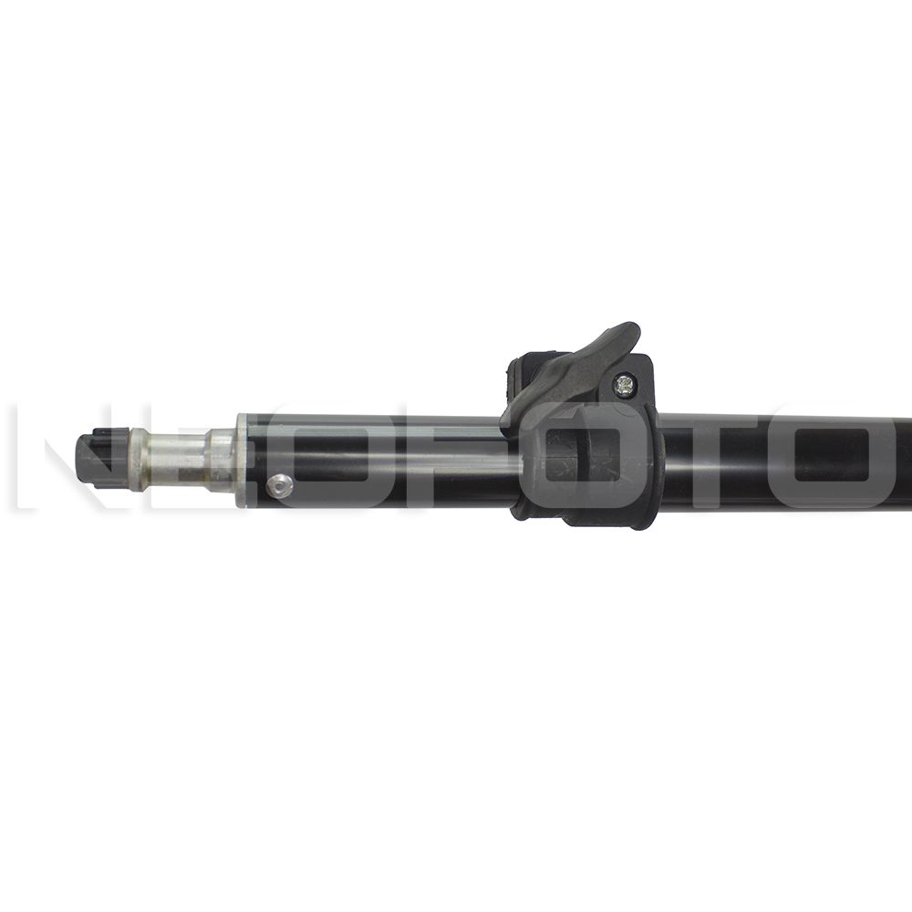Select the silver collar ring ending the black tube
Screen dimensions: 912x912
tap(242, 459)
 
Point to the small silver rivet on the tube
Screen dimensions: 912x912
tap(282, 486)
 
